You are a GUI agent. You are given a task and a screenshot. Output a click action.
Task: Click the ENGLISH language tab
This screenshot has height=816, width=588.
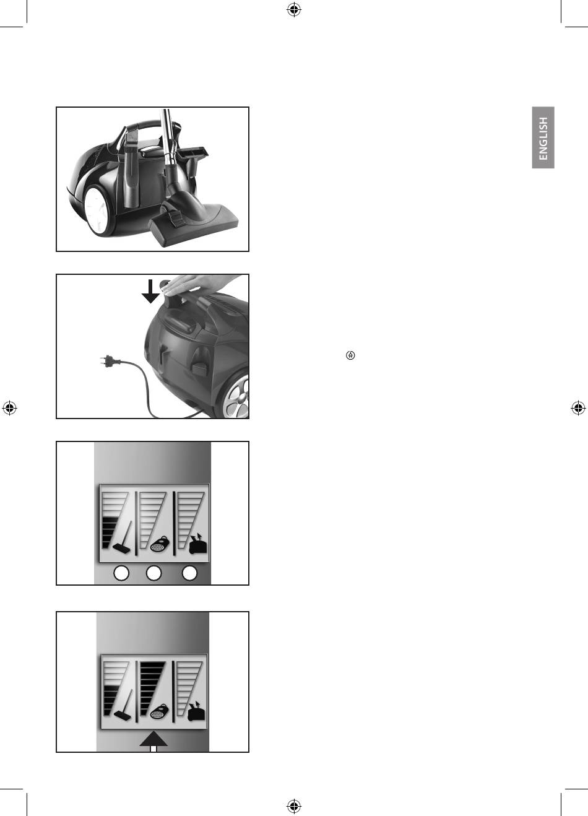[543, 137]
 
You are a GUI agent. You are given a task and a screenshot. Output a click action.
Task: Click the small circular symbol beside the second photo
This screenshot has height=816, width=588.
[350, 355]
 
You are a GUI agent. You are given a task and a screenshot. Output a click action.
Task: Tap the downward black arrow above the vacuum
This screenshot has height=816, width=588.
[150, 291]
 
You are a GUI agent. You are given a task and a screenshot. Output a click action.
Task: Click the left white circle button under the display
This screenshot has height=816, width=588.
[121, 573]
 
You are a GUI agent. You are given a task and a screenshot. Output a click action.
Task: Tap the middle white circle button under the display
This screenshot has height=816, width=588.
[153, 573]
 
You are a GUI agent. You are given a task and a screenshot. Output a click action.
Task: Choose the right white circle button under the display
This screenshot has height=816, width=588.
[189, 573]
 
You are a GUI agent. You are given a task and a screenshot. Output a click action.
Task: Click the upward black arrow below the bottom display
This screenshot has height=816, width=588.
[153, 741]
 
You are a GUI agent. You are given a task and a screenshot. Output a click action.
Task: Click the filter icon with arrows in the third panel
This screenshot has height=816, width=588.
[198, 544]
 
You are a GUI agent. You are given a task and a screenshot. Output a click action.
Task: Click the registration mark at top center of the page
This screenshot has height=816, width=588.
[294, 10]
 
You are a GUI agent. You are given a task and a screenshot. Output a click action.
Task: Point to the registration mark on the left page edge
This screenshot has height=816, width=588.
[9, 407]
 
